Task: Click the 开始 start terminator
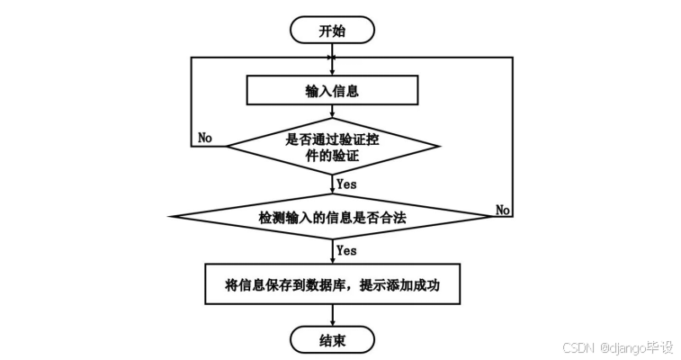(333, 30)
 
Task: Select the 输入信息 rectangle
(333, 90)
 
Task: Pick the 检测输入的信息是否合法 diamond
(332, 216)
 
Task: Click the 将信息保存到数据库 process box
(332, 286)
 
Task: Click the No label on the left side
(205, 138)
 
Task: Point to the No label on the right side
(504, 210)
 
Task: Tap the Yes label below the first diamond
(346, 184)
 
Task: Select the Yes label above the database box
(346, 249)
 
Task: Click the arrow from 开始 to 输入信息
(333, 58)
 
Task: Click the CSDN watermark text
(579, 347)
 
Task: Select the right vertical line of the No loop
(512, 135)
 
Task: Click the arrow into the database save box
(333, 251)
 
